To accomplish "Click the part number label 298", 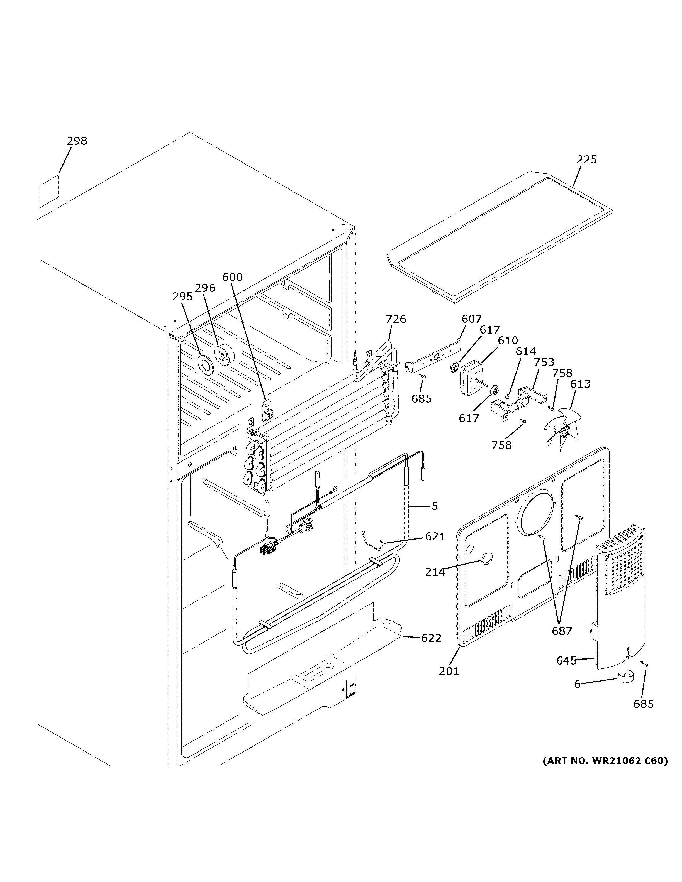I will [x=77, y=141].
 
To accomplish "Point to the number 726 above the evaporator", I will [x=396, y=319].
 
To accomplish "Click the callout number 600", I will [x=232, y=277].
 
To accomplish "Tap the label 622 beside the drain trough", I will [x=431, y=638].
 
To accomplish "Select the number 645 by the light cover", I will [x=566, y=661].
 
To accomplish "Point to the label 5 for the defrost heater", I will [x=434, y=506].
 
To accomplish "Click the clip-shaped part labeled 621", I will [x=373, y=542].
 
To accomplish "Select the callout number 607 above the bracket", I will [x=471, y=319].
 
